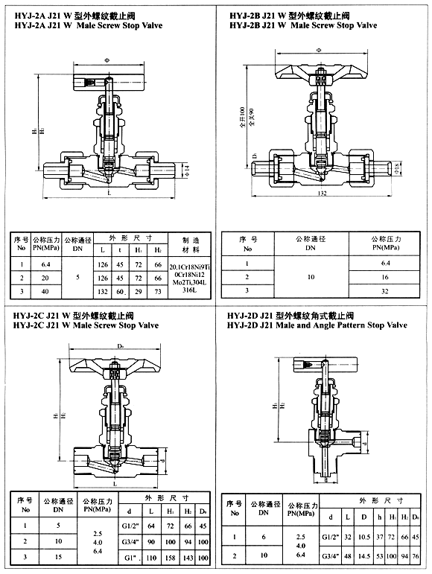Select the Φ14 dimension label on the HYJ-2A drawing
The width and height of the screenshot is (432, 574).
[x=187, y=170]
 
